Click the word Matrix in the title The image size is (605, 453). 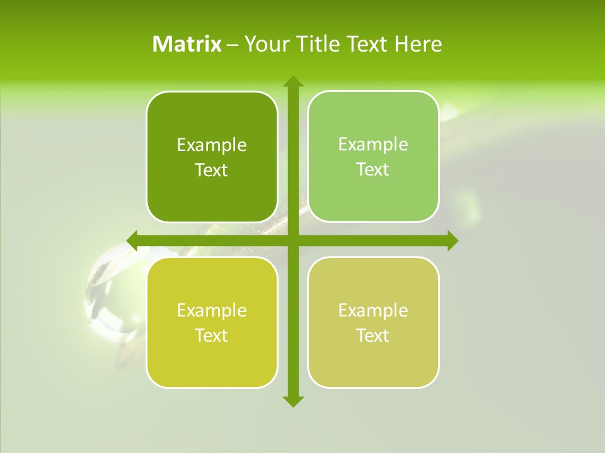187,44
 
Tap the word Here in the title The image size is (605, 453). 418,44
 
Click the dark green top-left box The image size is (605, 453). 212,157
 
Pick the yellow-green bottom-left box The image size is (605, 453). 212,322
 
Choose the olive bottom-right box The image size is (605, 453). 373,322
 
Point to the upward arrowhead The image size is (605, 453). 292,82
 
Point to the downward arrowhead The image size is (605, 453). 292,401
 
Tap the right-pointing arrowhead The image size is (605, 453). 452,240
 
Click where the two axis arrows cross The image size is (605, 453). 292,240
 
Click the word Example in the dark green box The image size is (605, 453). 212,145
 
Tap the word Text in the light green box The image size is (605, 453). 373,170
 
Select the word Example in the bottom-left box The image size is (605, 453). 212,311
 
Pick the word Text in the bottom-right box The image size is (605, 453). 373,336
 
